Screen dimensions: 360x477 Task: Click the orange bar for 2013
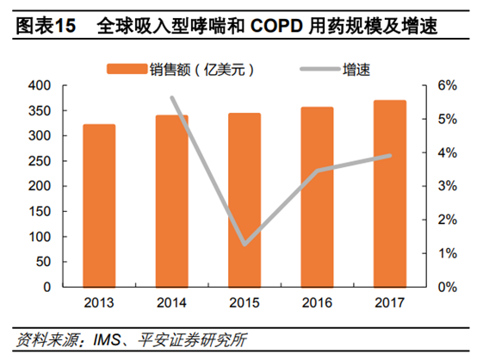click(99, 206)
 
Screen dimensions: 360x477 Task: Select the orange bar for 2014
click(172, 202)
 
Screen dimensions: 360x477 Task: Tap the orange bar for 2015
click(245, 200)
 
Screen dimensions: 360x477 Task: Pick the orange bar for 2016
click(318, 197)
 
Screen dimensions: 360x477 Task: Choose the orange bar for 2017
click(390, 194)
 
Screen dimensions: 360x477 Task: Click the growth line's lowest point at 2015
click(245, 245)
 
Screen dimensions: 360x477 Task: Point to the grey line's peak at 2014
click(172, 98)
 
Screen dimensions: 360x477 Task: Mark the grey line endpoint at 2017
click(390, 156)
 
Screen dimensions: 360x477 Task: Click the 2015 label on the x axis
click(245, 302)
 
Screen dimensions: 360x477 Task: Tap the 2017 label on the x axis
click(390, 302)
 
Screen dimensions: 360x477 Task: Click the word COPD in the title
click(280, 27)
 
